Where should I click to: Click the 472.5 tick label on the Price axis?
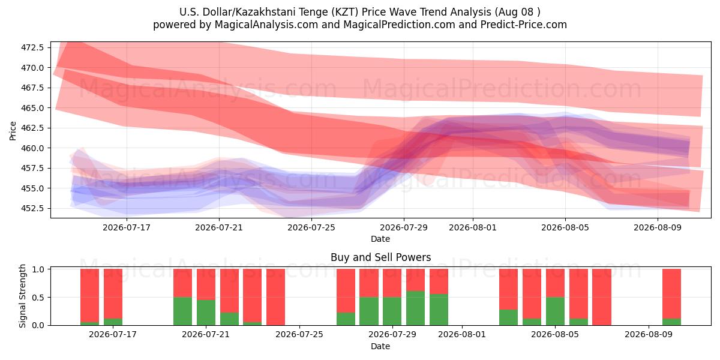point(32,47)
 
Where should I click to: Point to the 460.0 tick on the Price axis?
point(32,148)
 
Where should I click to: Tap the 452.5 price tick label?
point(32,208)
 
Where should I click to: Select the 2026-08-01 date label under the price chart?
point(473,227)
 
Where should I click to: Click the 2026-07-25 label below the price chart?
point(311,227)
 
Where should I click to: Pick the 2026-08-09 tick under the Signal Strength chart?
point(649,334)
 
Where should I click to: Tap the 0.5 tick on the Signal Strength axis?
point(38,298)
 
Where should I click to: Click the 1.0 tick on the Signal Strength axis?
point(38,269)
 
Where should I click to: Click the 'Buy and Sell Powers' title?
point(380,257)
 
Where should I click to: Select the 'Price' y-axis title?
point(13,131)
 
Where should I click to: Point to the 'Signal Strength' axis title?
point(22,296)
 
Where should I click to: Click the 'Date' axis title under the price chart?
point(380,239)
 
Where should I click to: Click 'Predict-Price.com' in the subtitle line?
point(524,25)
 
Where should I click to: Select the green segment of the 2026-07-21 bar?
point(206,313)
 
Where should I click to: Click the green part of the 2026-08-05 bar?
point(555,311)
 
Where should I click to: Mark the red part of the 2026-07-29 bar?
point(392,283)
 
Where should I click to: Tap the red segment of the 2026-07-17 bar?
point(113,294)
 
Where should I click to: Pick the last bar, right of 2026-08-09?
point(672,297)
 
